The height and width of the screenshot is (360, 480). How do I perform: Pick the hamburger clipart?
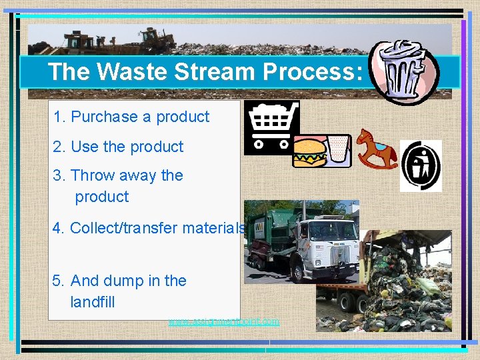(309, 153)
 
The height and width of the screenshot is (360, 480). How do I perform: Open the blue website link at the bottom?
(224, 321)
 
